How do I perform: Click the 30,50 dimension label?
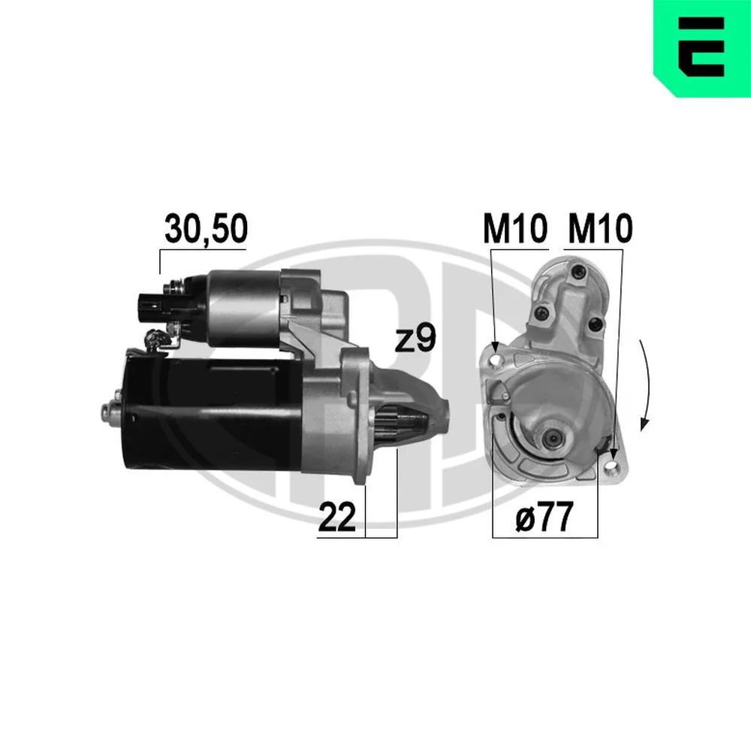206,229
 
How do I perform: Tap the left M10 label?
515,229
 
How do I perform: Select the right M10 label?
600,229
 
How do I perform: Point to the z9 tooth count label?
415,339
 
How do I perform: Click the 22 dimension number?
337,517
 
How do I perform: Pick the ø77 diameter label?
544,517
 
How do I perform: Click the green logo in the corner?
702,48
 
